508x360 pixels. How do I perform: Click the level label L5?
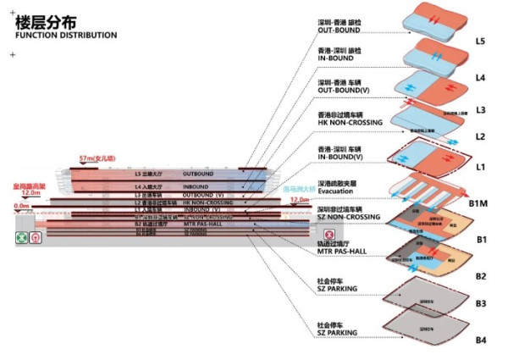(480, 41)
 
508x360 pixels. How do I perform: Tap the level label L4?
(480, 78)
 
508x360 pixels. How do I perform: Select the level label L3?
(480, 109)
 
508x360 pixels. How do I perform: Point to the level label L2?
(480, 136)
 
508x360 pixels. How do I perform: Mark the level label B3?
(480, 302)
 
